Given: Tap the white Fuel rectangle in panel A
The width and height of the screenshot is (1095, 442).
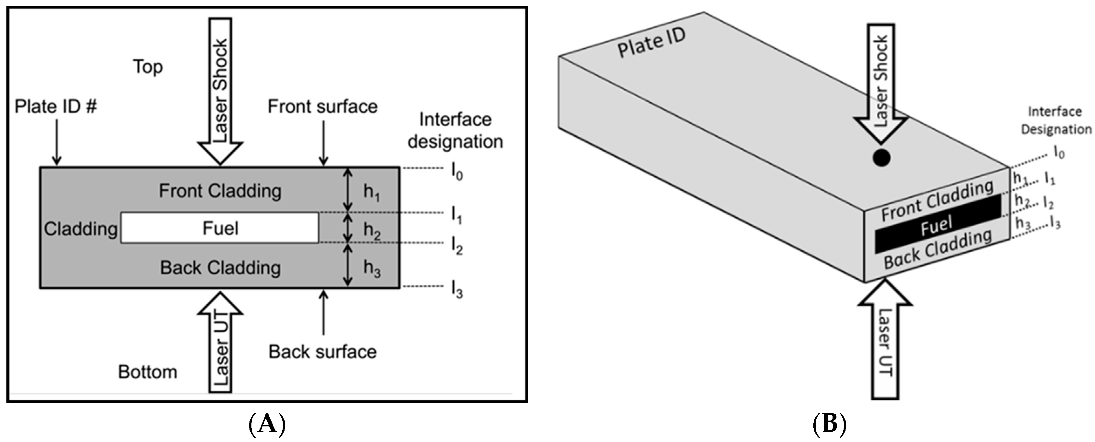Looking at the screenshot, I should tap(220, 228).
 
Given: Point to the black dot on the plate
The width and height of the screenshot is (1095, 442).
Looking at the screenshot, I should tap(881, 158).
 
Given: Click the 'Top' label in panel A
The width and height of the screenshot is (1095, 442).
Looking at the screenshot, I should tap(148, 67).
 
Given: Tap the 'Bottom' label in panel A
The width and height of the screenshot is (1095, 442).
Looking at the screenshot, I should tap(147, 372).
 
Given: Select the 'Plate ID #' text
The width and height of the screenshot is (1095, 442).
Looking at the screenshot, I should tap(56, 106).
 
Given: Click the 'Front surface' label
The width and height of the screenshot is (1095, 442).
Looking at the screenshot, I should tap(323, 107).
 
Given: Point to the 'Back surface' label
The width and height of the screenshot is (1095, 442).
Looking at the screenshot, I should tap(323, 352).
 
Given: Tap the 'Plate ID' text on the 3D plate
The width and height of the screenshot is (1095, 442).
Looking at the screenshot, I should tap(651, 43).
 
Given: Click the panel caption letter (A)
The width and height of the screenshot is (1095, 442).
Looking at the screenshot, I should tap(267, 424).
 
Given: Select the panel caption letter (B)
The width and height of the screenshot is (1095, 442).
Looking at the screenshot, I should tap(829, 424).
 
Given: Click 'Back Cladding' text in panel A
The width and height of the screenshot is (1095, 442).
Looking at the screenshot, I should tap(220, 268).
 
